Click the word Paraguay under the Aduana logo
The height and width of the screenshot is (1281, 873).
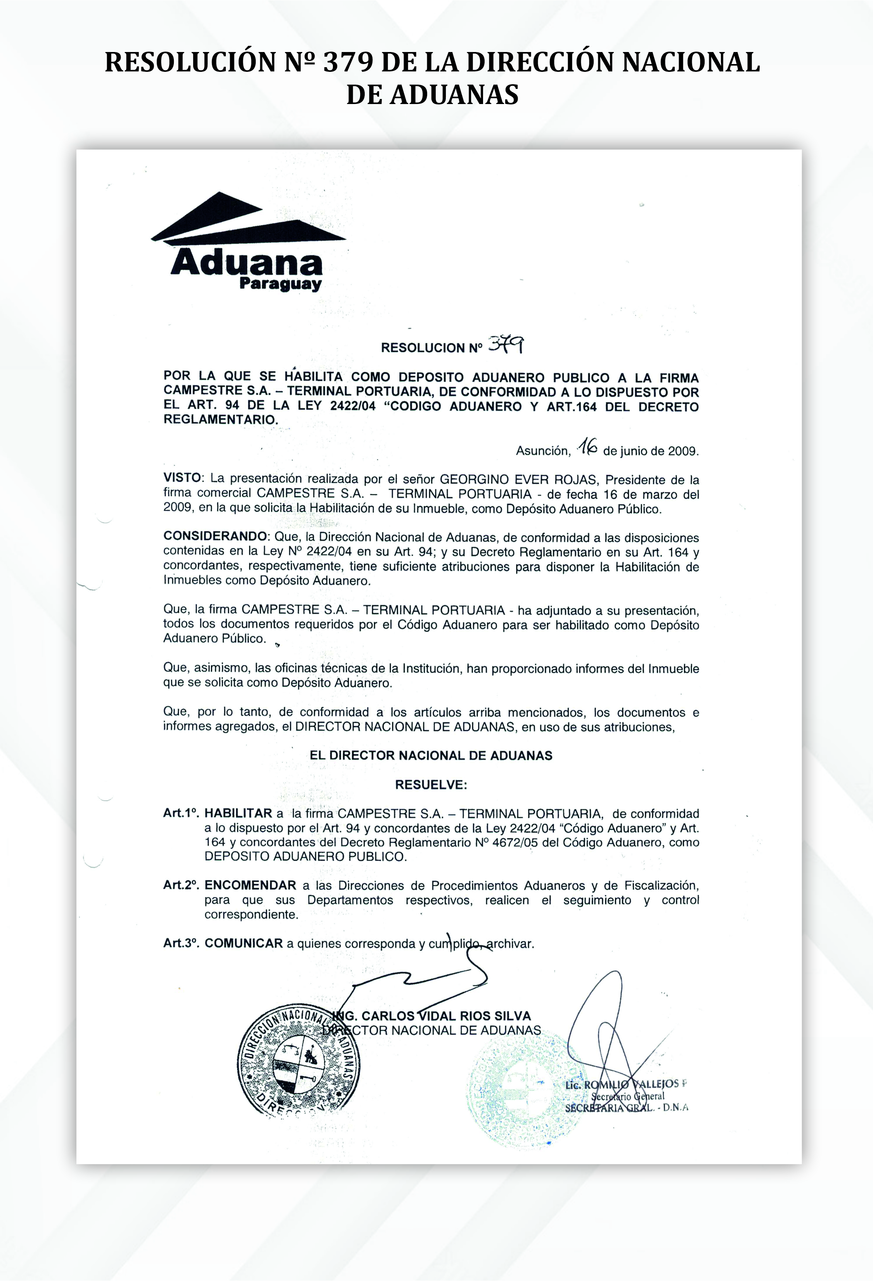click(281, 285)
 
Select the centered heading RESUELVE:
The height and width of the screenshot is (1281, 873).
click(431, 785)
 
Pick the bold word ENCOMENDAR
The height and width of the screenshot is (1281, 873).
click(250, 885)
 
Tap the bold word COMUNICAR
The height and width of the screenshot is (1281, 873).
click(243, 943)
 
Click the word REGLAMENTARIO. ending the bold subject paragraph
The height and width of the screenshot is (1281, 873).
click(220, 420)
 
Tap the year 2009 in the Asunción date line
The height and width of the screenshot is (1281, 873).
click(683, 451)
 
